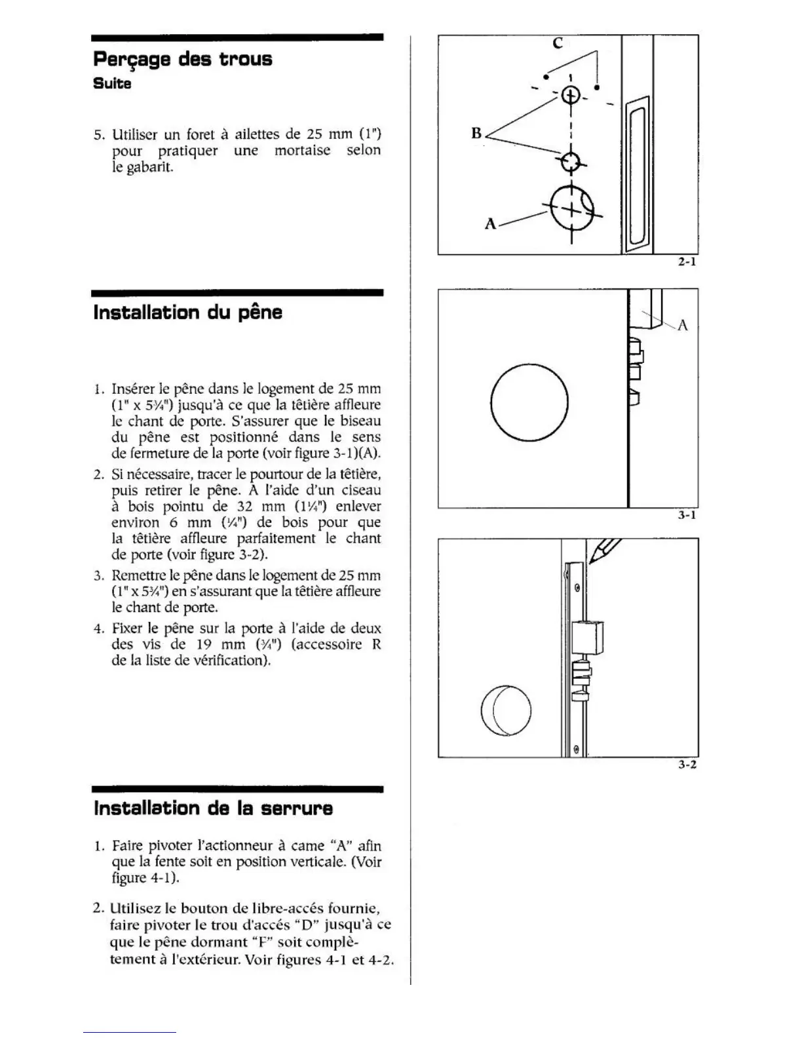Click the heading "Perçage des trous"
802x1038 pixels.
182,60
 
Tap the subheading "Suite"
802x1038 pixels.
112,84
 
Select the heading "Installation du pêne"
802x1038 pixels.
187,312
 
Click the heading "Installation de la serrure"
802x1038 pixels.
213,808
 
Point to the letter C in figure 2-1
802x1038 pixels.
558,44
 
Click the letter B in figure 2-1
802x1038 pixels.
476,134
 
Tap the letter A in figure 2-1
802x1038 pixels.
490,224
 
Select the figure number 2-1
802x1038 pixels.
687,262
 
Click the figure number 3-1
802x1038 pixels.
687,515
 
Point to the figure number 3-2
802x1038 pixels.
687,764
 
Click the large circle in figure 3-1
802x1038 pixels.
529,402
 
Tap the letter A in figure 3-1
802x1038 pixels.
682,325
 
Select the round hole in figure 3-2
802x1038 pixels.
506,710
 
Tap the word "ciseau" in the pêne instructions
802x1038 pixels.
360,490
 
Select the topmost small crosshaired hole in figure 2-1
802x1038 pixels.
571,95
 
